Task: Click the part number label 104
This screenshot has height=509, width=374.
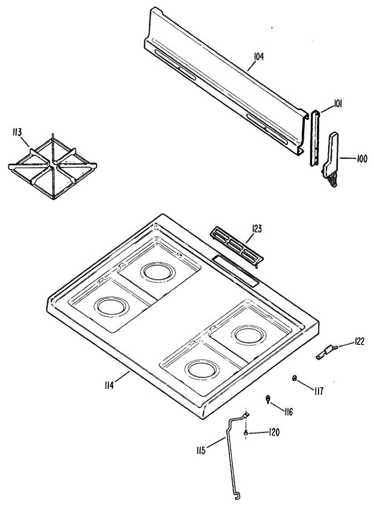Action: [x=259, y=57]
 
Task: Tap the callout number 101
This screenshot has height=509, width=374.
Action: [x=338, y=103]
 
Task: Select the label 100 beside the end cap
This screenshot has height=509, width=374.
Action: [x=362, y=159]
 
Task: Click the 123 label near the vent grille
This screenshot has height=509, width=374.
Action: [x=256, y=229]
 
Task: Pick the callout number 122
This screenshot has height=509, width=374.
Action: [x=359, y=342]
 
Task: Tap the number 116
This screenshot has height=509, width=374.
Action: [x=288, y=411]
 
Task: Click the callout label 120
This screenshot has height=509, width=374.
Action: [x=274, y=432]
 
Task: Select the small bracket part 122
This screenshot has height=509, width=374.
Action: [x=326, y=352]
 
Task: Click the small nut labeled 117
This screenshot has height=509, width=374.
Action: [x=294, y=378]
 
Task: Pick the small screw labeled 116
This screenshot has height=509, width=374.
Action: [x=268, y=399]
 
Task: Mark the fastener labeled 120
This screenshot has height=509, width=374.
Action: [x=246, y=432]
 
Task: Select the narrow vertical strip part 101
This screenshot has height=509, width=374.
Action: [x=315, y=138]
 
